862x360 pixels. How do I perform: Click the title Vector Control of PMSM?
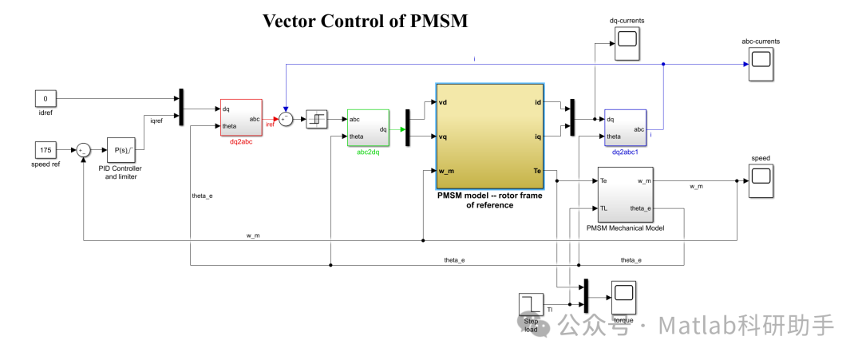click(365, 21)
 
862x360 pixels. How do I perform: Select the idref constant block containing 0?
click(45, 99)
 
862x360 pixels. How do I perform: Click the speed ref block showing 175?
click(45, 149)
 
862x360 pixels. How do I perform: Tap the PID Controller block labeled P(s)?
click(122, 149)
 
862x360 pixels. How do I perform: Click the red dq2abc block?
click(240, 118)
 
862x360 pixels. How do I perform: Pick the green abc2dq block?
click(368, 128)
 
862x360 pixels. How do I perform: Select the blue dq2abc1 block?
click(625, 128)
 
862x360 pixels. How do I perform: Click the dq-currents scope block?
click(626, 38)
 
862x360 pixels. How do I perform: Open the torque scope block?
click(623, 298)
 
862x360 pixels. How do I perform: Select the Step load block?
click(532, 304)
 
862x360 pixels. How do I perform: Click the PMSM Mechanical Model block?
click(625, 195)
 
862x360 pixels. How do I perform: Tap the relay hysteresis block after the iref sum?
click(318, 119)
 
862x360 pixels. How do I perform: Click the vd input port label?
click(444, 102)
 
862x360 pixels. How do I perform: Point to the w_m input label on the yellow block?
click(447, 171)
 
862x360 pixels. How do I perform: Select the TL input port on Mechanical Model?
click(604, 208)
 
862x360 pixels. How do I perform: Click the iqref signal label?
click(158, 120)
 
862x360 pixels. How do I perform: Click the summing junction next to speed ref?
click(84, 149)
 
